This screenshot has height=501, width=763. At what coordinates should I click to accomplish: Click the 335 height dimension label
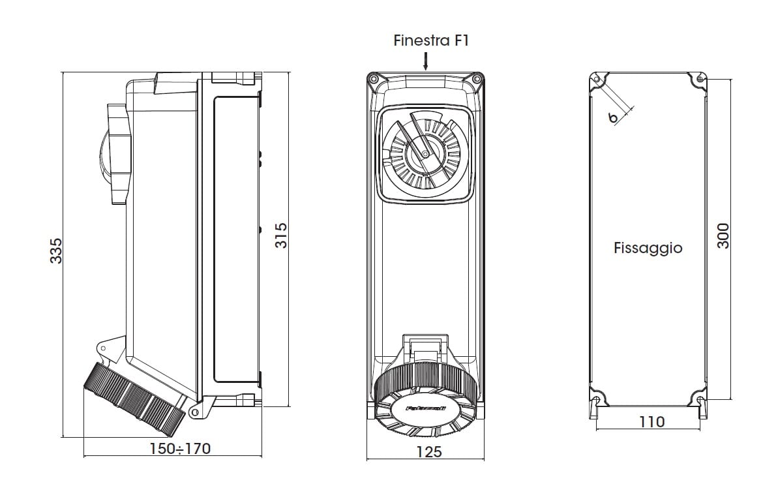coord(56,251)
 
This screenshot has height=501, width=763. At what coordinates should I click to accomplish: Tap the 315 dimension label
coord(280,235)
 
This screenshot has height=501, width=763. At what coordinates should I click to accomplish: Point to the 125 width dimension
coord(428,451)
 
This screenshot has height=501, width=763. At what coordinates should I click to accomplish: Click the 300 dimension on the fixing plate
coord(723,235)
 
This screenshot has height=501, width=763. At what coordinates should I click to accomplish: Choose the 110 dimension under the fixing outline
coord(651,422)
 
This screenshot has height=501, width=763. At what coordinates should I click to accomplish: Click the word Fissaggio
coord(648,248)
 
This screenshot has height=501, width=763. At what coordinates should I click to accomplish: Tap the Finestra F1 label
coord(431,40)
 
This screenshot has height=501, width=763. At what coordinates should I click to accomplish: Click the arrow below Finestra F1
coord(425,62)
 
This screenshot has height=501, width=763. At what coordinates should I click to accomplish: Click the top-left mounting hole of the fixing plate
coord(597,79)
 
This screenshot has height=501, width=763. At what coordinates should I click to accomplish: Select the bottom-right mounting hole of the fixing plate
coord(700,399)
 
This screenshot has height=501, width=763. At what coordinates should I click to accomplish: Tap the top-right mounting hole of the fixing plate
coord(700,79)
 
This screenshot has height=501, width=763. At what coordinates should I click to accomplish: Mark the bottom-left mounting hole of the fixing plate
coord(597,399)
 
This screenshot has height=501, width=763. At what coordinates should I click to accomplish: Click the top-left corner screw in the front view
coord(373,80)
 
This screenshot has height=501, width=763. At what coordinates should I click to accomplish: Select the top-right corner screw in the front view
coord(477,80)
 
